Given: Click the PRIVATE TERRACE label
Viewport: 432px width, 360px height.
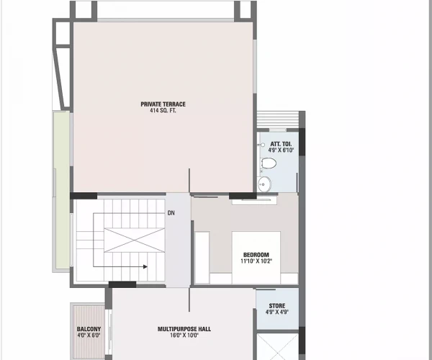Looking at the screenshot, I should (163, 104).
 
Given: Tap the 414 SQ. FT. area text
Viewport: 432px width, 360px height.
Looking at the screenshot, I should (163, 112).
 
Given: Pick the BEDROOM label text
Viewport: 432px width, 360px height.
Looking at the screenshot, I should (256, 255).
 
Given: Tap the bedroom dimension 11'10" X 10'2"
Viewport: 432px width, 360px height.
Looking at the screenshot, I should (256, 262).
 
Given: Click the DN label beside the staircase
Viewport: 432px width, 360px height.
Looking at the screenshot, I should (171, 213).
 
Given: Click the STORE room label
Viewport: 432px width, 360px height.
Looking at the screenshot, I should (276, 306).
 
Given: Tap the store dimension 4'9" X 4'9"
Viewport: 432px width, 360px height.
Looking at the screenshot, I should (276, 313).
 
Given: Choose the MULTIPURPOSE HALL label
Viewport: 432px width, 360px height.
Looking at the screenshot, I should (184, 329).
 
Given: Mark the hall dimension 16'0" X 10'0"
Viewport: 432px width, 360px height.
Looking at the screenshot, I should (184, 336).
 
